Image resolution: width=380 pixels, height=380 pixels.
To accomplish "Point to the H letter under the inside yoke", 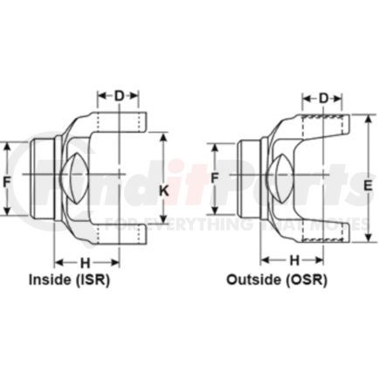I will point(85,262).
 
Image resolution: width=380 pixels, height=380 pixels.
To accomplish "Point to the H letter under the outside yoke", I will point(294,259).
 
